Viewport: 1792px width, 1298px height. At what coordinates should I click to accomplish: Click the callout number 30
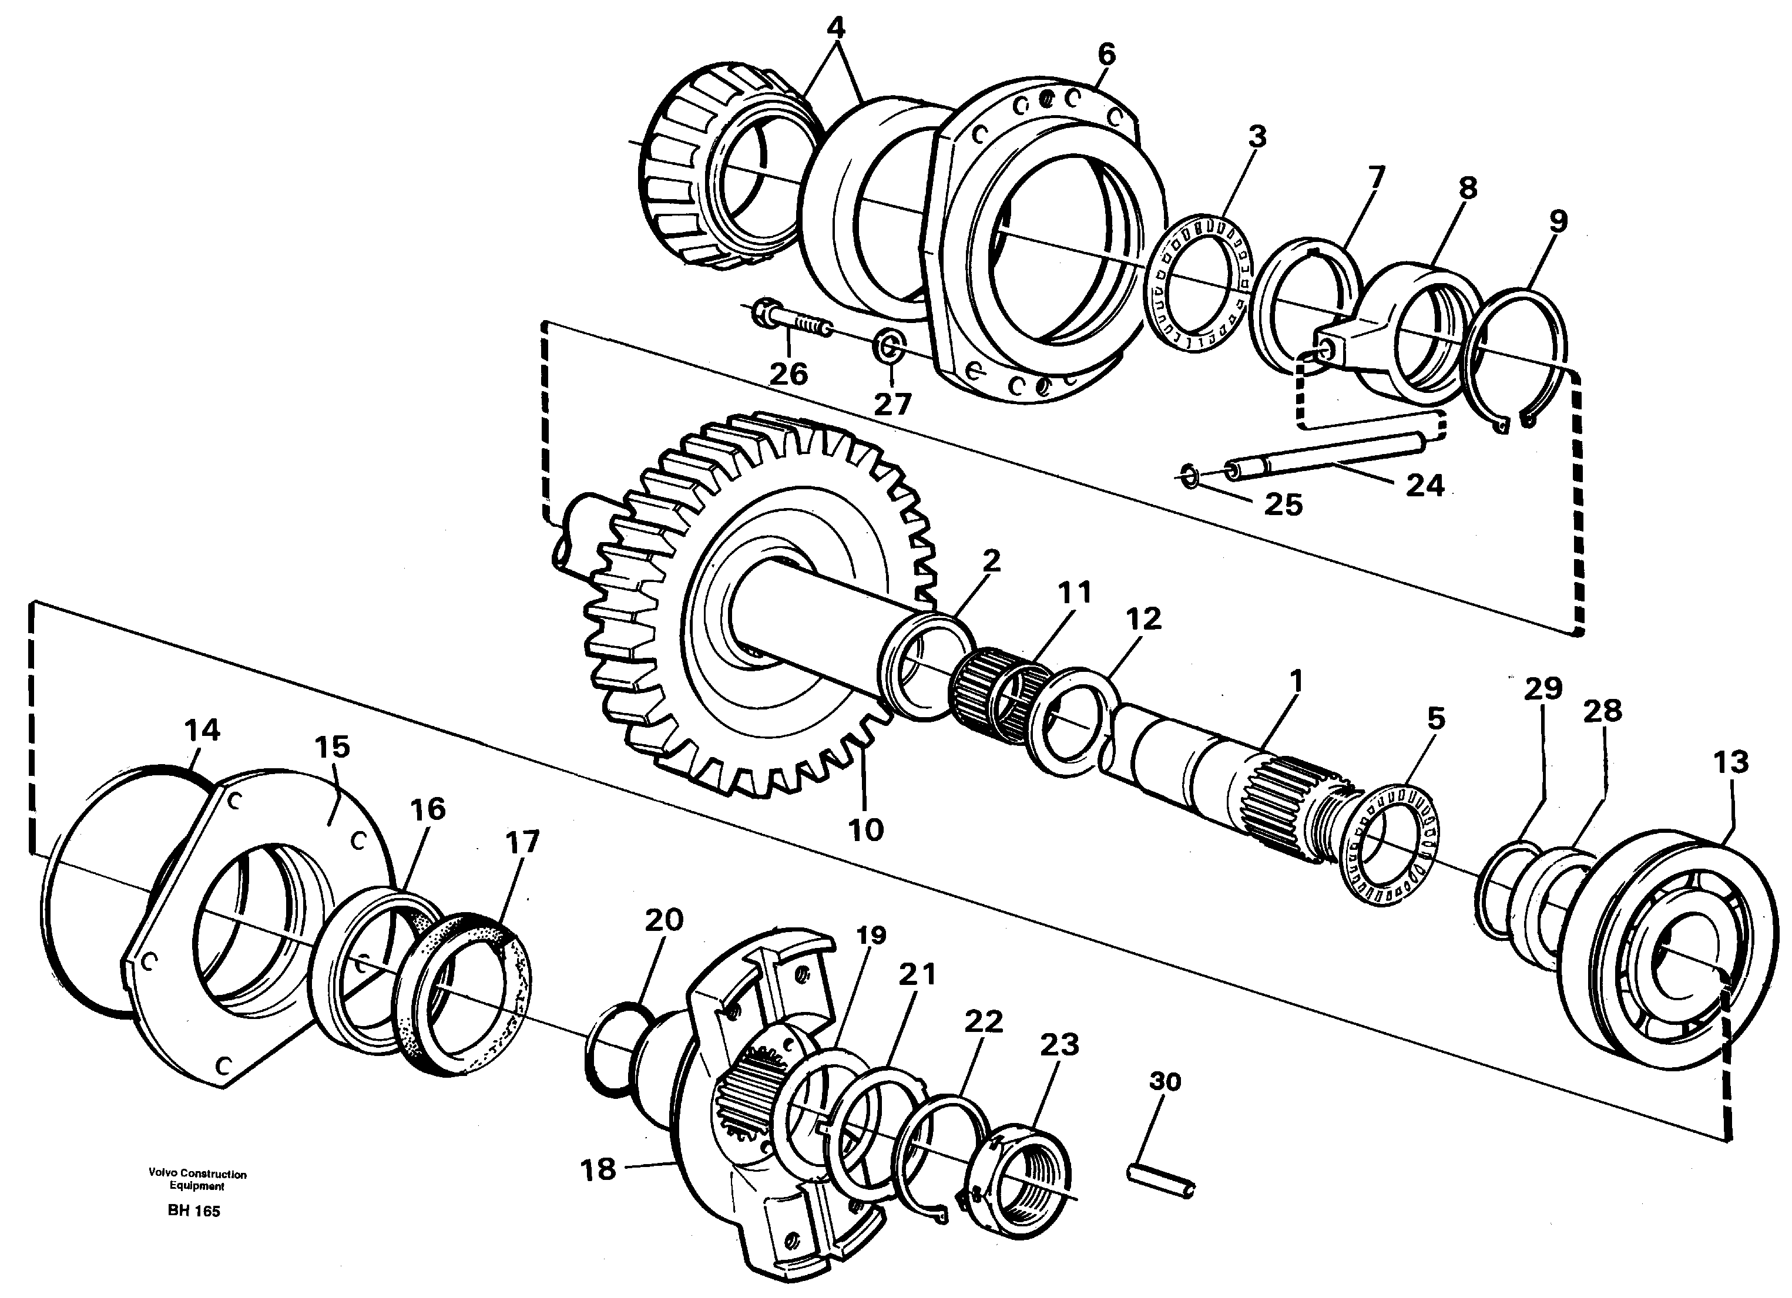pyautogui.click(x=1164, y=1081)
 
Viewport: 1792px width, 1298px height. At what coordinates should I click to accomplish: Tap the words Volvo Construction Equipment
pyautogui.click(x=197, y=1179)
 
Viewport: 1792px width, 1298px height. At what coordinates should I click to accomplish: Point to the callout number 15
pyautogui.click(x=332, y=746)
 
